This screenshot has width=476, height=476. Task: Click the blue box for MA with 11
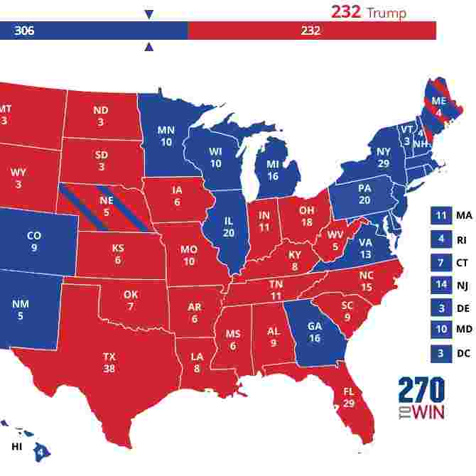pyautogui.click(x=440, y=215)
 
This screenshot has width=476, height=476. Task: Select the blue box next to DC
pyautogui.click(x=440, y=353)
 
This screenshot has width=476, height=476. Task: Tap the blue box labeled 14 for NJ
pyautogui.click(x=440, y=285)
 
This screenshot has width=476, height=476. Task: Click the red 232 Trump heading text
pyautogui.click(x=368, y=13)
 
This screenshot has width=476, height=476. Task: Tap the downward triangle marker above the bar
pyautogui.click(x=148, y=14)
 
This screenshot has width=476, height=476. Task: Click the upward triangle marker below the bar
pyautogui.click(x=148, y=48)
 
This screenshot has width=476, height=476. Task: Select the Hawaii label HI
pyautogui.click(x=16, y=447)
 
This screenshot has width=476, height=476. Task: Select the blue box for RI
pyautogui.click(x=440, y=239)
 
